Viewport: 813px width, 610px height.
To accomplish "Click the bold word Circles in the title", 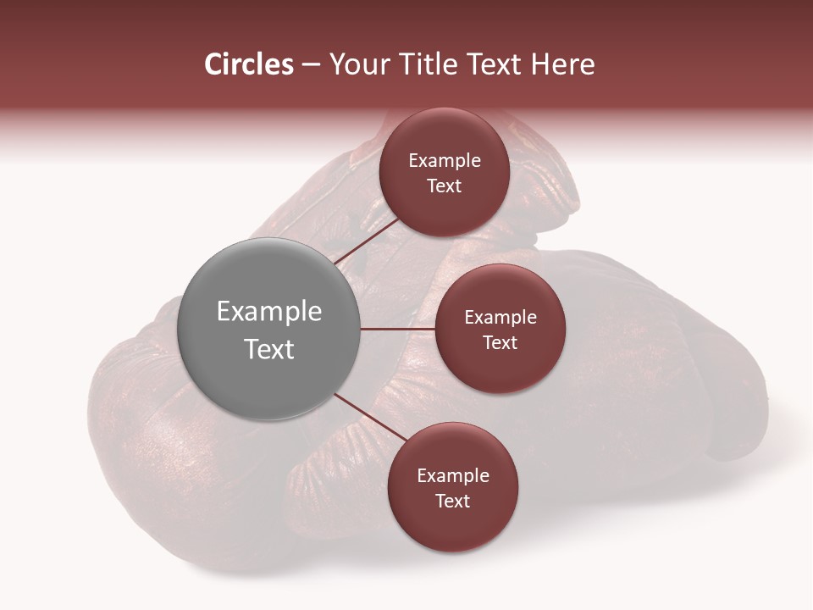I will [x=248, y=64].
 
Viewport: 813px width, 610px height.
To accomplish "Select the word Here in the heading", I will [x=562, y=64].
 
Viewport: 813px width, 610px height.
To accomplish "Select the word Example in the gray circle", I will [x=268, y=312].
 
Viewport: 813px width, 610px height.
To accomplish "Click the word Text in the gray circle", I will [x=268, y=349].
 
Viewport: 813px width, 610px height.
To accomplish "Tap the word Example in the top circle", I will [x=444, y=161].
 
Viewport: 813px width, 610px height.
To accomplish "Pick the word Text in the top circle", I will [x=444, y=186].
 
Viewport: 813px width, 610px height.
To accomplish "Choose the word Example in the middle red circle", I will [x=500, y=318].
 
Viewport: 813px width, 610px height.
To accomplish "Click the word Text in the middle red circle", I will [x=500, y=343].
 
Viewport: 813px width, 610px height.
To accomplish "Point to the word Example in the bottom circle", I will [x=452, y=476].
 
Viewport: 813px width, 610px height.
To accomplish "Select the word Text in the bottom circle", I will [x=452, y=502].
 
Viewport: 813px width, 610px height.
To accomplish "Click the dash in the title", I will [x=310, y=65].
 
